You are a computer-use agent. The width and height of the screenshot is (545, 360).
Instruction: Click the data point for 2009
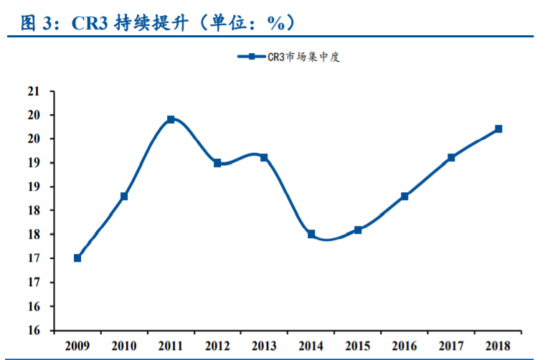77,258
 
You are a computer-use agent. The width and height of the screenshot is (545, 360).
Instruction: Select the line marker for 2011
171,119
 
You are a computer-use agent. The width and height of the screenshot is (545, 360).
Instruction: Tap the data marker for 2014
311,234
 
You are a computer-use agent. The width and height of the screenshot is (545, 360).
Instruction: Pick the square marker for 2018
498,129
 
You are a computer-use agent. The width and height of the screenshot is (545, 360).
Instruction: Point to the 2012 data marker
217,163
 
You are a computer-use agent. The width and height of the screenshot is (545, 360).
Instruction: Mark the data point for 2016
404,196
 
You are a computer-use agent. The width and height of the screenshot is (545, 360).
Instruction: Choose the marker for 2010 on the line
124,196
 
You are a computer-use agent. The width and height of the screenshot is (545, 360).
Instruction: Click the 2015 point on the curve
358,229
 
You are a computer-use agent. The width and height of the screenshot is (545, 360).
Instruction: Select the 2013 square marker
264,158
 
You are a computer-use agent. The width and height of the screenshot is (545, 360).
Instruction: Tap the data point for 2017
452,158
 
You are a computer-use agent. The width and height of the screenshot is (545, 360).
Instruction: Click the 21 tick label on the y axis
34,91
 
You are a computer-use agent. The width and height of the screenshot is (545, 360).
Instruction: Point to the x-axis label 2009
77,346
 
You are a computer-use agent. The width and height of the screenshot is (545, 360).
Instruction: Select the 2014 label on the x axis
311,346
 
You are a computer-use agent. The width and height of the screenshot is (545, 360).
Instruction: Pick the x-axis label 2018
498,346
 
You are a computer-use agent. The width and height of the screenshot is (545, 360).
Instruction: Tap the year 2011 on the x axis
171,346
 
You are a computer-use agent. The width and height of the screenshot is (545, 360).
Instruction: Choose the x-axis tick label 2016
404,346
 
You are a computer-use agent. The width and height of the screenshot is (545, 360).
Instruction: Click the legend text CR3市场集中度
303,57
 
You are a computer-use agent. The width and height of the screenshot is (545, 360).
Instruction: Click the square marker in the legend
252,56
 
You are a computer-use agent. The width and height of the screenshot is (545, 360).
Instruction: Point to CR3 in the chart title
90,23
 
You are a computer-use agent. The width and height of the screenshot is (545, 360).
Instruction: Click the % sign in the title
276,23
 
